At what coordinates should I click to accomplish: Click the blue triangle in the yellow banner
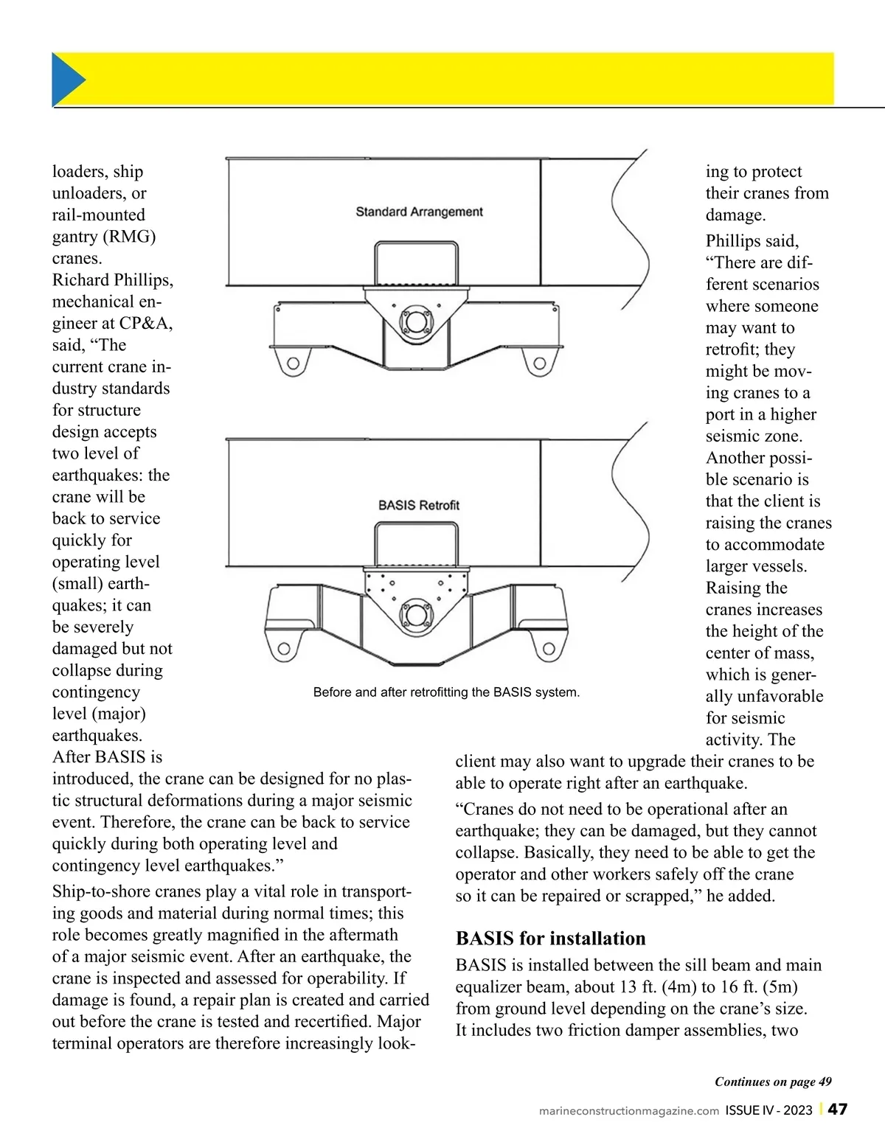pyautogui.click(x=66, y=80)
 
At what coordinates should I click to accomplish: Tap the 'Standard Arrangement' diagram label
pyautogui.click(x=419, y=212)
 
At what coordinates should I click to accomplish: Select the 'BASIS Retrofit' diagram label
pyautogui.click(x=419, y=505)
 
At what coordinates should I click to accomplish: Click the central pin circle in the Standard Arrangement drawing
pyautogui.click(x=416, y=321)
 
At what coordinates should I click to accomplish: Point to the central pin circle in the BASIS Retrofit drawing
pyautogui.click(x=417, y=615)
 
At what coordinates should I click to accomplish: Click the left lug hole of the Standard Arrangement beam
pyautogui.click(x=293, y=363)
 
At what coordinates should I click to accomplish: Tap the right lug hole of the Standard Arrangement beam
pyautogui.click(x=540, y=363)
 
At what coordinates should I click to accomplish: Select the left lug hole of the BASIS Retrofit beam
pyautogui.click(x=284, y=649)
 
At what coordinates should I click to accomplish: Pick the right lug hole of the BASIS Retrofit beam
pyautogui.click(x=549, y=649)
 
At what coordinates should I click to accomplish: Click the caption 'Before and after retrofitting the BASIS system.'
pyautogui.click(x=446, y=692)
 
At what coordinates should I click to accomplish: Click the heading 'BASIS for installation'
pyautogui.click(x=550, y=939)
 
